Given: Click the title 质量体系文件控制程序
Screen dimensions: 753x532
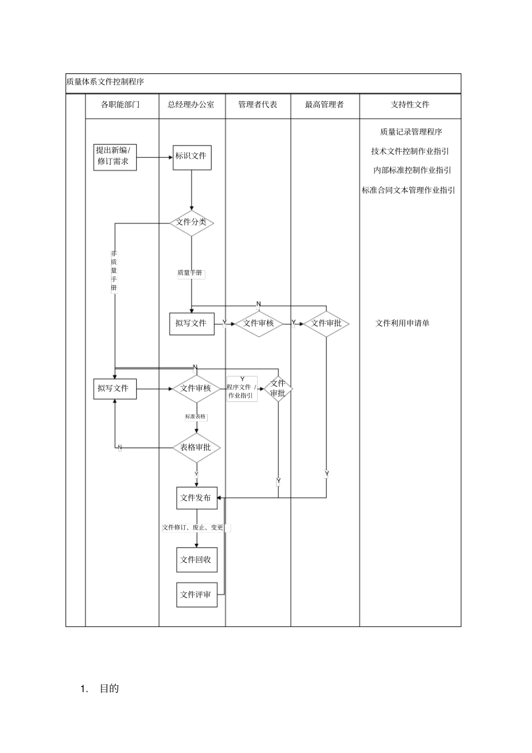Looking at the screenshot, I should pos(105,82).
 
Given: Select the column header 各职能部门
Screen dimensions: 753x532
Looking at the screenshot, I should pos(120,105).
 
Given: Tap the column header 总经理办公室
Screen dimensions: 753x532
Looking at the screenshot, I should pos(191,105).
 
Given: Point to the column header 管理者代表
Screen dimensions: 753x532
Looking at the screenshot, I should pos(258,105).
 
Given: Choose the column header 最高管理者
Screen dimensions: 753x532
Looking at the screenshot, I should pos(324,105).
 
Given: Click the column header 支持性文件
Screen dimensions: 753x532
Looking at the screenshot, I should pos(410,105).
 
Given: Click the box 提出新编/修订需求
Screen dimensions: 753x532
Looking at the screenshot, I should pos(115,156).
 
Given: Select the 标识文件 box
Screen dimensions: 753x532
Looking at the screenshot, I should pos(192,156).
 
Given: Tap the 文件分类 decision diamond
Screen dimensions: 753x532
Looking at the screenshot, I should pos(192,222).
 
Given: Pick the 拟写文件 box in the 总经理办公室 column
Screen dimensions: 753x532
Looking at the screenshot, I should pos(192,324).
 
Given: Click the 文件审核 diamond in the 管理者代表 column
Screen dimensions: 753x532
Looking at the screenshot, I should pos(258,324).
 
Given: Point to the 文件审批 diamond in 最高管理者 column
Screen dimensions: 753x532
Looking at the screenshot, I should pos(326,324).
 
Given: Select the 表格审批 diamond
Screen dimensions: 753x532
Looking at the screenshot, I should pos(196,448).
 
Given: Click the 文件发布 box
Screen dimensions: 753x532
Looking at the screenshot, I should pos(197,498).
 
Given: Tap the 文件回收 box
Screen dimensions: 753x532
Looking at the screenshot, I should pos(197,560).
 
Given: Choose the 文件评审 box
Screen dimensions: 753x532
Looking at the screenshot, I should pos(197,595).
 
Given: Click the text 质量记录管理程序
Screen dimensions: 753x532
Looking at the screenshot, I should pos(411,132).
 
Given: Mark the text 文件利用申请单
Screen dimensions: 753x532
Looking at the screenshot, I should pos(402,324).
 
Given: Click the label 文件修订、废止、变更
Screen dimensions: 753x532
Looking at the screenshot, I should pos(193,527).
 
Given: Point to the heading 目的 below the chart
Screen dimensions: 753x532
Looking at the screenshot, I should pos(109,689).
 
